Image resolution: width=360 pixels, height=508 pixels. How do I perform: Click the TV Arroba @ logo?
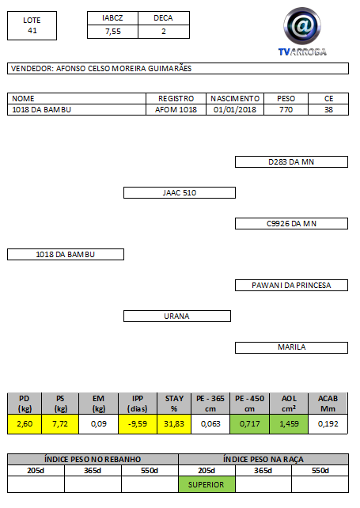302,32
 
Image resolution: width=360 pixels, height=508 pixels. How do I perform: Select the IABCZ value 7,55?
113,32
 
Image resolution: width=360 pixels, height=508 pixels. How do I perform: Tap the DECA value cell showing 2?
164,32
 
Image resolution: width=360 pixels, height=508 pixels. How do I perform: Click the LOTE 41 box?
32,25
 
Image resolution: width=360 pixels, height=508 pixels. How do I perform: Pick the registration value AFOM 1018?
176,110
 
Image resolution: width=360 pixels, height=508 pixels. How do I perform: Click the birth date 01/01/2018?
235,110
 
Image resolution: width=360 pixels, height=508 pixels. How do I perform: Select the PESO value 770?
286,110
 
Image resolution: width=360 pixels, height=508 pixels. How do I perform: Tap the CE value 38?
328,110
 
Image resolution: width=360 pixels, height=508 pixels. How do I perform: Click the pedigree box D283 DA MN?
291,162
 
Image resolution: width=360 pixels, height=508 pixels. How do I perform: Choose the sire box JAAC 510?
180,193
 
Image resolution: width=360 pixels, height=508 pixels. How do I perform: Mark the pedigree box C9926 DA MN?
291,224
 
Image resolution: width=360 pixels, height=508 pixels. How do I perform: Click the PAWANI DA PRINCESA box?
291,286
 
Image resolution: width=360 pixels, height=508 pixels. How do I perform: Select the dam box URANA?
177,317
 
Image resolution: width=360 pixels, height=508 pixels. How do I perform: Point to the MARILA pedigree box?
291,347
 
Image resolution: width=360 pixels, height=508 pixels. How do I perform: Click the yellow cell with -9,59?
138,424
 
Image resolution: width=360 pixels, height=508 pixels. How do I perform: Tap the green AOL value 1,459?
289,424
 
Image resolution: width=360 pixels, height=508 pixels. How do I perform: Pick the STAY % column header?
174,404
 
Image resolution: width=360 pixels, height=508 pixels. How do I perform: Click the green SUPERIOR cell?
207,485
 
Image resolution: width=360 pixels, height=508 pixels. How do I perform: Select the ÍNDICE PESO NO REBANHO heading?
93,460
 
